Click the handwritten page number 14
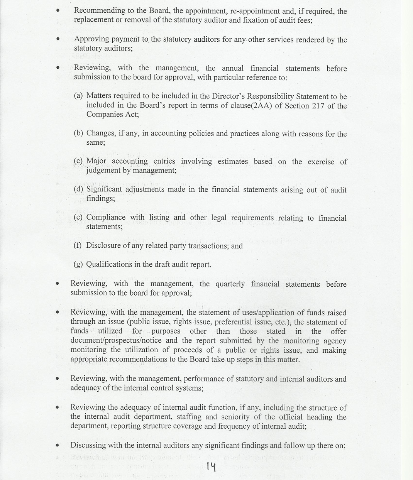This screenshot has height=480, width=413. [x=211, y=466]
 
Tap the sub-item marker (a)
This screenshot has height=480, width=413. [x=78, y=96]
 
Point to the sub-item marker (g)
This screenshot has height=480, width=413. [x=78, y=265]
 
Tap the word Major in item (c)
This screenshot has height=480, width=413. [x=96, y=161]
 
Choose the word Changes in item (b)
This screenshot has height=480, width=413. [x=101, y=133]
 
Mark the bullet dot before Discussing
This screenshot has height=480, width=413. [x=57, y=445]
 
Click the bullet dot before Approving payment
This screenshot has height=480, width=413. [x=58, y=39]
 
